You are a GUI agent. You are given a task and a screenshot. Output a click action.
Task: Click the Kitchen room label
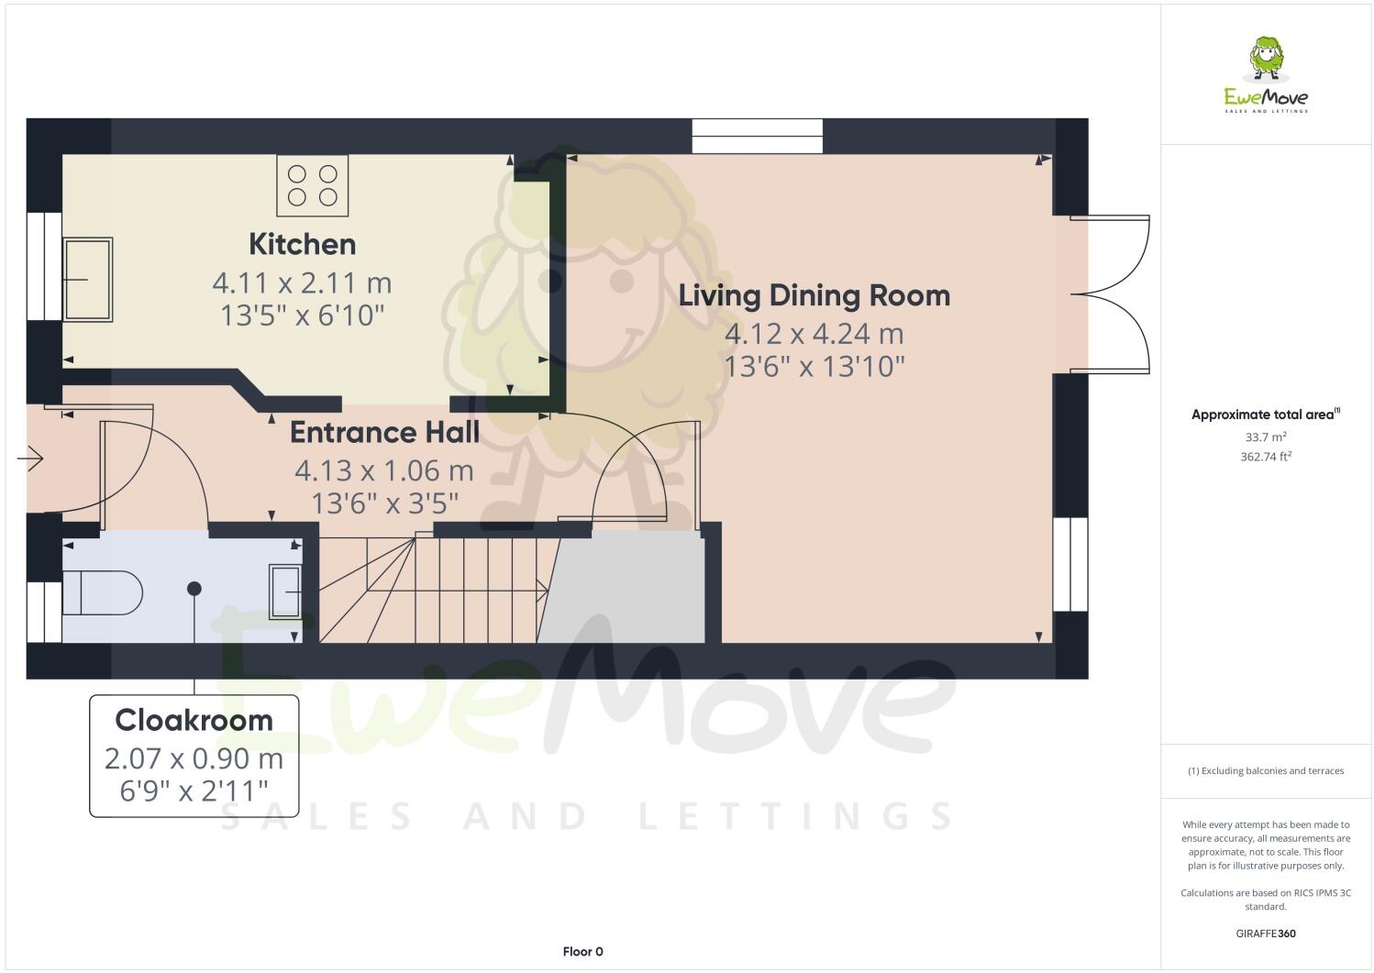[302, 244]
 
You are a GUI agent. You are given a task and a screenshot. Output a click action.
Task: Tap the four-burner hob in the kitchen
[312, 185]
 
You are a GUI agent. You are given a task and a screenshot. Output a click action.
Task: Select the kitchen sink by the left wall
[88, 279]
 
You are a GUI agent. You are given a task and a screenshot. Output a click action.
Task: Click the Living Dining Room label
[814, 295]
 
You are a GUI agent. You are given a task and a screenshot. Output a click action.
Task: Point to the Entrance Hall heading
[384, 431]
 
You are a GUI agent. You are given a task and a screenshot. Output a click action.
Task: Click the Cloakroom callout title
[194, 720]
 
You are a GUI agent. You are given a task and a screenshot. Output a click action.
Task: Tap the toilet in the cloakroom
[101, 592]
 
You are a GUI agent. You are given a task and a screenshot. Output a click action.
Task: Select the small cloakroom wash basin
[284, 592]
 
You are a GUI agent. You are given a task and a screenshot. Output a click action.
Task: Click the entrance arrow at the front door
[31, 458]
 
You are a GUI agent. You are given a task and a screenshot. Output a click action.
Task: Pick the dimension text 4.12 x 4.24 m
[814, 334]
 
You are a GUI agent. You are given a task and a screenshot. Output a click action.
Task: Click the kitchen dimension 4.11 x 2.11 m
[302, 282]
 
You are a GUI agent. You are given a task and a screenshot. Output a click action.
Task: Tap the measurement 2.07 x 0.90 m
[194, 759]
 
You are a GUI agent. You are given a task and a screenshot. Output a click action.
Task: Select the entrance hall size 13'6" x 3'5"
[384, 503]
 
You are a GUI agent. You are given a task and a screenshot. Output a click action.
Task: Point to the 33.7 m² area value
[1265, 437]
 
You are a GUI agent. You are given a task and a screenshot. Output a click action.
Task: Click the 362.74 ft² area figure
[1265, 456]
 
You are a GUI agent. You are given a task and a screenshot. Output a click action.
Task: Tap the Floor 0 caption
[582, 952]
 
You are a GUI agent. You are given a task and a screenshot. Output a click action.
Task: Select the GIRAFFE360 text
[1265, 934]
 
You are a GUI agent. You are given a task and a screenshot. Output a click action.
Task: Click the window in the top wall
[758, 137]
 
